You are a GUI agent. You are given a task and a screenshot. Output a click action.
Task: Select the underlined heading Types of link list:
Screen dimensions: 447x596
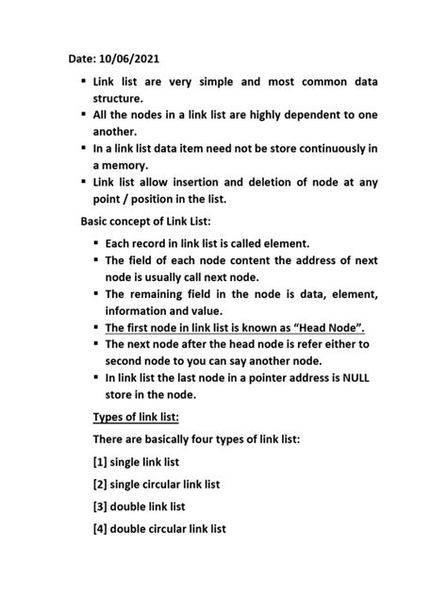136,417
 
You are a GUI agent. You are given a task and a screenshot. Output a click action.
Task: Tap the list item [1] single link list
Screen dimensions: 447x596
136,462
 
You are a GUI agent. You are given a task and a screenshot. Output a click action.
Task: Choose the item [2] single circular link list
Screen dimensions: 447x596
157,484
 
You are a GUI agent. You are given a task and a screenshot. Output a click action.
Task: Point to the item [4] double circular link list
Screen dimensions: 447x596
159,529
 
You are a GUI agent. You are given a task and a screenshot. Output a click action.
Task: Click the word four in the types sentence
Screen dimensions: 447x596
213,439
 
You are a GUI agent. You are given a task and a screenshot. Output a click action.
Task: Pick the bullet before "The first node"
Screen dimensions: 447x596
96,327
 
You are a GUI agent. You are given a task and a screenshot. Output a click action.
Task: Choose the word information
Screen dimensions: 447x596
142,310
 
